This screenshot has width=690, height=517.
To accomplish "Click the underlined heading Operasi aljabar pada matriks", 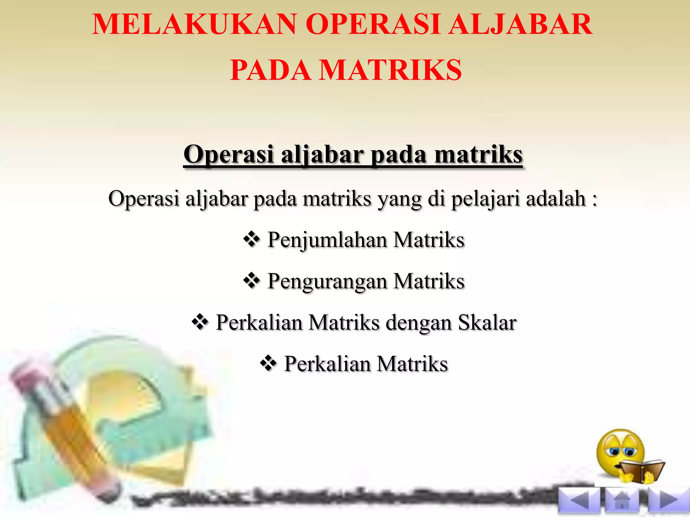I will click(353, 154).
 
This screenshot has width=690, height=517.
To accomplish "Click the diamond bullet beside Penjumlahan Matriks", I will click(251, 240).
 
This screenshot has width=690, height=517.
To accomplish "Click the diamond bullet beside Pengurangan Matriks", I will click(251, 281).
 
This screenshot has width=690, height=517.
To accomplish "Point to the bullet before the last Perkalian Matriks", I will click(268, 364).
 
